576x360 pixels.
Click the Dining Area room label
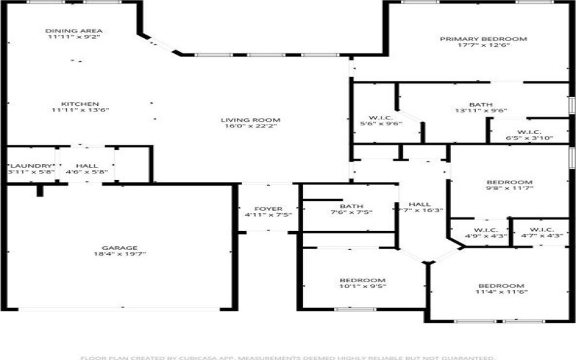click(x=74, y=31)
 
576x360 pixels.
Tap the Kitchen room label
click(x=80, y=104)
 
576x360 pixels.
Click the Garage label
click(x=120, y=247)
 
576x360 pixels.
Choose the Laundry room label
click(x=30, y=166)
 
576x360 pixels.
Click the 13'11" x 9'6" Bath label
click(x=481, y=104)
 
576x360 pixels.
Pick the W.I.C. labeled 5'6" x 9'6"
click(x=380, y=117)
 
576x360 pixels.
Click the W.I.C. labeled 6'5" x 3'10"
click(x=528, y=132)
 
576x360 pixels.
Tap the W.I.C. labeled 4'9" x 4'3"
click(x=481, y=230)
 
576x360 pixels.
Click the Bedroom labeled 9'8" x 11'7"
click(x=509, y=182)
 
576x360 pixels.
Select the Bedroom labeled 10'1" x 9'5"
click(x=362, y=280)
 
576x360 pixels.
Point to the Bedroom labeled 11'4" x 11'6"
click(x=502, y=285)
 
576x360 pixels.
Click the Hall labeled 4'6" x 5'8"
click(x=86, y=166)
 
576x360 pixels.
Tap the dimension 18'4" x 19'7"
click(x=120, y=254)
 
